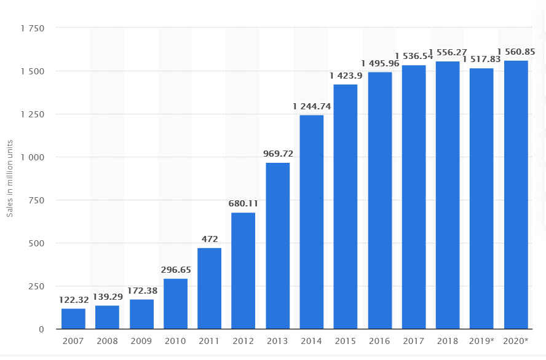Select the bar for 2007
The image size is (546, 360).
[x=73, y=319]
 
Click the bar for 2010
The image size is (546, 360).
[x=175, y=304]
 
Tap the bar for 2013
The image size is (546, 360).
[x=277, y=246]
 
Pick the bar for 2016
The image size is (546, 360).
[x=379, y=200]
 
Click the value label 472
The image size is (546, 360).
[x=209, y=238]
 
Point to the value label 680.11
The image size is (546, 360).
[x=243, y=203]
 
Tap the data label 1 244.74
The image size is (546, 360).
[x=312, y=106]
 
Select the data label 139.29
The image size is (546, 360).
[x=108, y=297]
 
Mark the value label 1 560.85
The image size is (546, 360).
[x=516, y=52]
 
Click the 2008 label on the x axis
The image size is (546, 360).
[x=108, y=340]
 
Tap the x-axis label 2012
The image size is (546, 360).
[x=243, y=340]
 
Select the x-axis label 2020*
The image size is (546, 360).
[x=516, y=340]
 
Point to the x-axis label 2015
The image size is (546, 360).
[x=346, y=340]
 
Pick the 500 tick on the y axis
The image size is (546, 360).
[x=38, y=243]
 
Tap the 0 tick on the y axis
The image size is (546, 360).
[x=42, y=329]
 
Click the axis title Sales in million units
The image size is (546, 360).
[x=10, y=178]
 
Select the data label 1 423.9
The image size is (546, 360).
[x=346, y=76]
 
